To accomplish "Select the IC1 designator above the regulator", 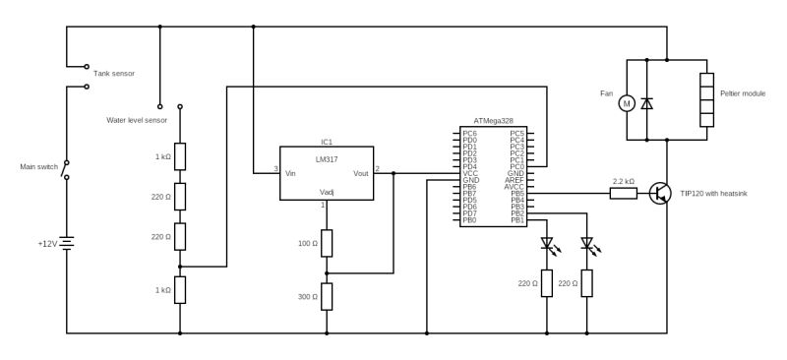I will coord(327,141).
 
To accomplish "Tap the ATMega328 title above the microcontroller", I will coord(493,120).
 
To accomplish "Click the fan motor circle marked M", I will coord(626,102).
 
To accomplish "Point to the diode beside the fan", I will coord(646,102).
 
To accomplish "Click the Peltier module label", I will coord(742,93).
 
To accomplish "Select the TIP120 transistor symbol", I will coord(661,194).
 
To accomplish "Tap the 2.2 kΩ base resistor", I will coord(623,194).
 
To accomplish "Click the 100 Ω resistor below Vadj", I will coord(327,242).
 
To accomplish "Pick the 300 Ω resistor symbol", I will coord(327,295).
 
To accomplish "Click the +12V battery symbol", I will coord(67,243).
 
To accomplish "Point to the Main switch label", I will coord(36,166).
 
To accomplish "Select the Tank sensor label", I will coord(114,74).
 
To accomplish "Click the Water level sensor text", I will coord(137,120).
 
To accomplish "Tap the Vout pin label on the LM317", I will coord(360,173).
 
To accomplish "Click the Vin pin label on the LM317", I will coord(291,173).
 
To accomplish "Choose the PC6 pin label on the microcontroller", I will coord(469,133).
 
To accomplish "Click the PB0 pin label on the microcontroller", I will coord(469,220).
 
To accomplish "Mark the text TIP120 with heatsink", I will coord(713,194).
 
